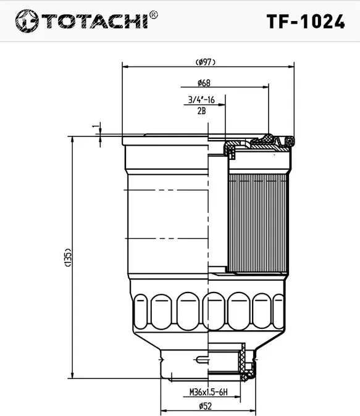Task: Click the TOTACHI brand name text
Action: click(x=94, y=21)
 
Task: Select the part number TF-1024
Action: click(x=305, y=22)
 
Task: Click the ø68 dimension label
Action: click(x=204, y=83)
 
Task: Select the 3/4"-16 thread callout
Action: click(x=201, y=100)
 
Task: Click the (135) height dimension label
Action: click(x=67, y=258)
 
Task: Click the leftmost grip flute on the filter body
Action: click(x=141, y=312)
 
